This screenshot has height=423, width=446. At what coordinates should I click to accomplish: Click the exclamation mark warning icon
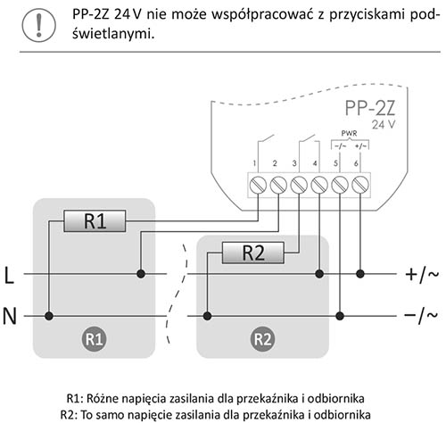point(38,25)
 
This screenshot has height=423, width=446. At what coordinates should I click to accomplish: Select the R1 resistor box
point(95,221)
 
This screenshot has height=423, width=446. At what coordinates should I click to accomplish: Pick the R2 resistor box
point(253,253)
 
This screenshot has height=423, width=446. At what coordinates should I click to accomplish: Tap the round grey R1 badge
point(94,339)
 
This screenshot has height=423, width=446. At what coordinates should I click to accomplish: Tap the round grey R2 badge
point(262,339)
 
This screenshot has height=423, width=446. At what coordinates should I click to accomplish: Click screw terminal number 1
point(258,185)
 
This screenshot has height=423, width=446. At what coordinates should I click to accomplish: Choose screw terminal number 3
point(299,185)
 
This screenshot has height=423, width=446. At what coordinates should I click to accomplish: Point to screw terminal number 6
point(360,185)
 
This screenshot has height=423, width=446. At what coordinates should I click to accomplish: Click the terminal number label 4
point(315,163)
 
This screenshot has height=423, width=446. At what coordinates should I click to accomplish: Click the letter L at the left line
point(9,275)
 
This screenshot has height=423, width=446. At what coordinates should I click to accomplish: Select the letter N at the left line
point(9,316)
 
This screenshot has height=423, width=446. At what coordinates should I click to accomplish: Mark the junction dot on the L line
point(141,274)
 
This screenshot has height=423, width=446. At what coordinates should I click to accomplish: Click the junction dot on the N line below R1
point(49,316)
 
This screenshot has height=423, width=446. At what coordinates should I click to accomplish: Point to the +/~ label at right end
point(422,274)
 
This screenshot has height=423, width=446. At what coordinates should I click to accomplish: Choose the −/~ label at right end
point(421,316)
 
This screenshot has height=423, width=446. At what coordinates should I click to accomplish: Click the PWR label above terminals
point(349,134)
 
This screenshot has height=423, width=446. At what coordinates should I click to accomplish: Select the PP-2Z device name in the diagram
point(370,108)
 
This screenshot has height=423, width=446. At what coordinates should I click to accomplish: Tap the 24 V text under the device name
point(384,124)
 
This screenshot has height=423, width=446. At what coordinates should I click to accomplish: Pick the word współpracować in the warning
point(262,15)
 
